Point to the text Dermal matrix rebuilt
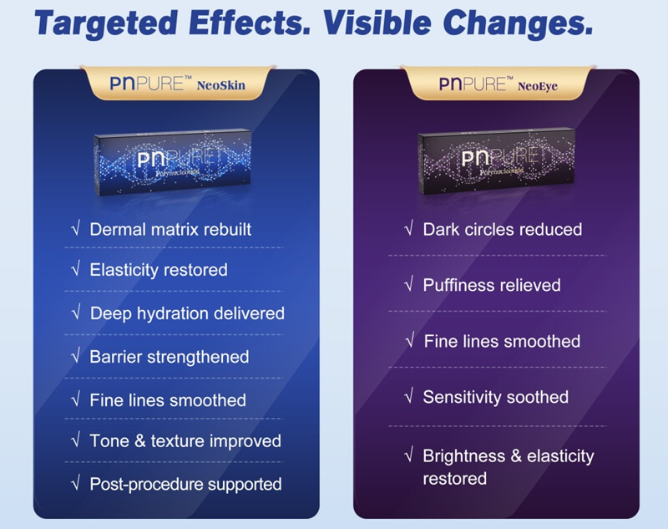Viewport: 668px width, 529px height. pyautogui.click(x=170, y=229)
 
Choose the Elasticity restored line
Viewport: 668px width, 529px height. pyautogui.click(x=158, y=270)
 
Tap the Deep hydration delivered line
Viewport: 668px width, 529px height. pyautogui.click(x=187, y=313)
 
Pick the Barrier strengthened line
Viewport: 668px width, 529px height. pyautogui.click(x=169, y=357)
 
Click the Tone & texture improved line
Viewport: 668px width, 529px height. pyautogui.click(x=185, y=440)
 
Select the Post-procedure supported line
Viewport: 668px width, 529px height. pyautogui.click(x=185, y=484)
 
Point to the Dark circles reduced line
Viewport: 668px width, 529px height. pyautogui.click(x=502, y=229)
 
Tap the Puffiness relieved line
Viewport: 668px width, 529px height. pyautogui.click(x=491, y=285)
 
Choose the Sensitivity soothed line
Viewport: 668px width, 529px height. pyautogui.click(x=495, y=397)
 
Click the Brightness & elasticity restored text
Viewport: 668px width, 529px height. pyautogui.click(x=508, y=466)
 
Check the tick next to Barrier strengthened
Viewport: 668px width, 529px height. pyautogui.click(x=75, y=357)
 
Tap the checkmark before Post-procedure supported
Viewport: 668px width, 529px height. pyautogui.click(x=75, y=484)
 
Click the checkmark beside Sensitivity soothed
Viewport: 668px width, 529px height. pyautogui.click(x=408, y=397)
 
